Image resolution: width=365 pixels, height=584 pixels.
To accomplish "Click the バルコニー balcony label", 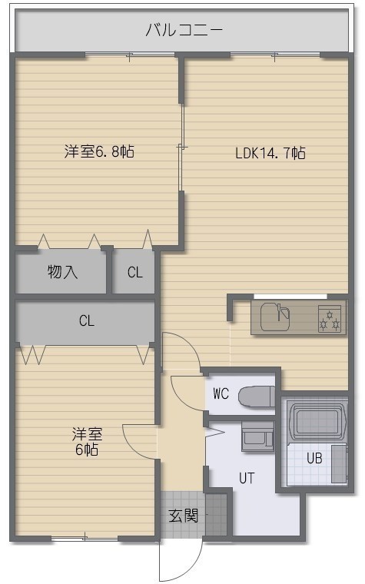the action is click(184, 30).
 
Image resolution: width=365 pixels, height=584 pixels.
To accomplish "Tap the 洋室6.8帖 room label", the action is click(99, 151).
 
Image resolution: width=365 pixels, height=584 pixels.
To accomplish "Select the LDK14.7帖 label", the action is click(270, 153).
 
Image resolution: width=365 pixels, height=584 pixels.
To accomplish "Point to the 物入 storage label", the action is click(62, 272).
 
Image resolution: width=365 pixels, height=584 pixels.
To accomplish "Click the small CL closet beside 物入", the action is click(134, 272).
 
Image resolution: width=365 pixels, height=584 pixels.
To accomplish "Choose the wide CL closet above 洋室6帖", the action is click(85, 321).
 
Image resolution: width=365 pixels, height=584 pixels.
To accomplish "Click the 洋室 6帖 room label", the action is click(87, 442).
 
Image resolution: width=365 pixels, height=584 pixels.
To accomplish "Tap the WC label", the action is click(221, 393).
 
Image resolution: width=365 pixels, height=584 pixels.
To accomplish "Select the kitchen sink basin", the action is click(275, 317).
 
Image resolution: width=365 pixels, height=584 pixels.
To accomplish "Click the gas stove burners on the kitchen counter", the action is click(330, 319).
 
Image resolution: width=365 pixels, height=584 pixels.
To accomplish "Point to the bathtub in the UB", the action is click(317, 422).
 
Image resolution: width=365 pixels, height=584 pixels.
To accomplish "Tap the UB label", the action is click(314, 458).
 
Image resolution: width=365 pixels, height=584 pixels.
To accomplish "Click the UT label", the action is click(247, 478).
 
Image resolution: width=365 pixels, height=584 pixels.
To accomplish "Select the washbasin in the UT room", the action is click(257, 436).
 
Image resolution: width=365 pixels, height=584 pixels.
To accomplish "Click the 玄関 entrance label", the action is click(183, 516).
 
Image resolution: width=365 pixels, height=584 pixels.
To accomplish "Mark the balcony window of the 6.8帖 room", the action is click(131, 55).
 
